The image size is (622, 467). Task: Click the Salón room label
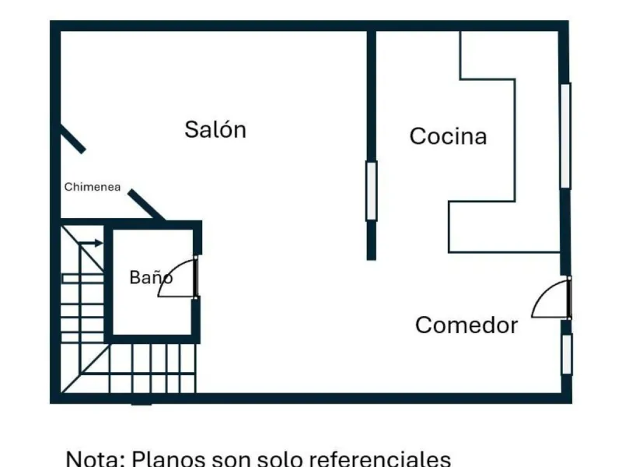[215, 129]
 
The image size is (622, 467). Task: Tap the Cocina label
[449, 136]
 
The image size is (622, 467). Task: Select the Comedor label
[466, 325]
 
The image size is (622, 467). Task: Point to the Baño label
[151, 277]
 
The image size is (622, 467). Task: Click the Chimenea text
[93, 187]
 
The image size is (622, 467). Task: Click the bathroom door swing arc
[169, 270]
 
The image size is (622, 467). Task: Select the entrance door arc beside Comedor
[543, 293]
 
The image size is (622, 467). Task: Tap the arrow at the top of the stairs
[91, 243]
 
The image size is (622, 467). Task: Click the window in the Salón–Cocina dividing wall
[372, 191]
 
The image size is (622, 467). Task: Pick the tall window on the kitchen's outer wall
[566, 135]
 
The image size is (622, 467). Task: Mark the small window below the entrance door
[568, 354]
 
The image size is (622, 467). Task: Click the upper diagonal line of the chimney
[72, 138]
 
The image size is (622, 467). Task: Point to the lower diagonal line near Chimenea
[146, 205]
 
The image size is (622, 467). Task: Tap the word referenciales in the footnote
[379, 458]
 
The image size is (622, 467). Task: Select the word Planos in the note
[168, 458]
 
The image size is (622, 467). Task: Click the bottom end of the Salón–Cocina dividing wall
[372, 260]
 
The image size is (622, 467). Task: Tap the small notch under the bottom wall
[142, 404]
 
